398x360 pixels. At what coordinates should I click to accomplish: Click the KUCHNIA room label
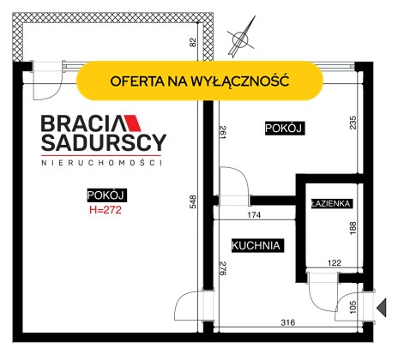tap(256, 246)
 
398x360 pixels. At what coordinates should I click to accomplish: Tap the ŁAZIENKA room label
tap(330, 204)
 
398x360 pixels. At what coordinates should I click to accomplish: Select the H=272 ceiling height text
tap(106, 210)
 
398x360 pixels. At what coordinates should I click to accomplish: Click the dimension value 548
tap(193, 201)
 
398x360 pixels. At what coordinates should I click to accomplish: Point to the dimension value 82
tap(193, 42)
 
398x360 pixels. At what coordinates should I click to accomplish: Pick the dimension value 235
tap(353, 123)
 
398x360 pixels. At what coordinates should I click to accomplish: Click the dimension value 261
tap(223, 132)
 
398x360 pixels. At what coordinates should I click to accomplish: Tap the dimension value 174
tap(254, 215)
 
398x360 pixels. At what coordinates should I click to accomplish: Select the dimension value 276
tap(223, 268)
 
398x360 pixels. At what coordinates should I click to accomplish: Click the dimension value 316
tap(287, 322)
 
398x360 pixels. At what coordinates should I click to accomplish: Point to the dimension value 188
tap(353, 228)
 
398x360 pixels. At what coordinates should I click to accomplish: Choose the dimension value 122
tap(335, 262)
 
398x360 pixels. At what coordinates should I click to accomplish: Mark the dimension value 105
tap(353, 307)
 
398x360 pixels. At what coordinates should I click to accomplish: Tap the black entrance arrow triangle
tap(382, 308)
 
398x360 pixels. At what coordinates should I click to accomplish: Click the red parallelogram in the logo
tap(132, 123)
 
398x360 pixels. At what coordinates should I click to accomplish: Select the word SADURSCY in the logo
tap(104, 142)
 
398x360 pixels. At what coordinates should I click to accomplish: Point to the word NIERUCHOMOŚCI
tap(102, 163)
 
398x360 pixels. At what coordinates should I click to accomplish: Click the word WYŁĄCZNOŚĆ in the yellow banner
tap(239, 81)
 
